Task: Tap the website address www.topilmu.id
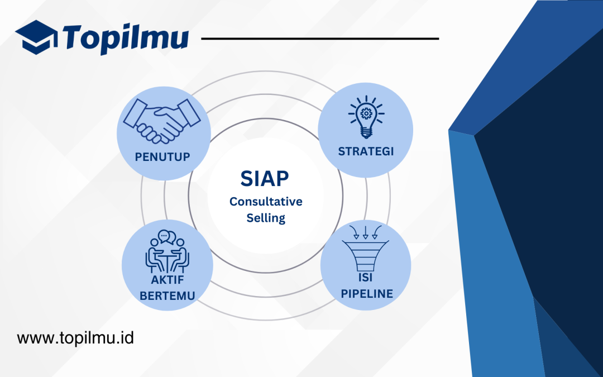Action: click(x=75, y=338)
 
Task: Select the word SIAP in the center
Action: click(x=265, y=179)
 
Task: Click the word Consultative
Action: click(x=265, y=202)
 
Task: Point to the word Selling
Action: click(x=266, y=218)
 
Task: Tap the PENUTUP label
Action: click(x=162, y=157)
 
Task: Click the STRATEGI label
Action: click(x=366, y=151)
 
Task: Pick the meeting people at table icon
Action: click(x=167, y=252)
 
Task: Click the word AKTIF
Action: click(x=167, y=280)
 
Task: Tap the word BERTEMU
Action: click(x=167, y=295)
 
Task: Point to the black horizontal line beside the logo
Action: click(x=319, y=39)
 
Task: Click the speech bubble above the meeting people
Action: click(x=164, y=236)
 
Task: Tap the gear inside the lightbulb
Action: click(x=366, y=113)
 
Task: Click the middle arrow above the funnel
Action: click(x=366, y=231)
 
